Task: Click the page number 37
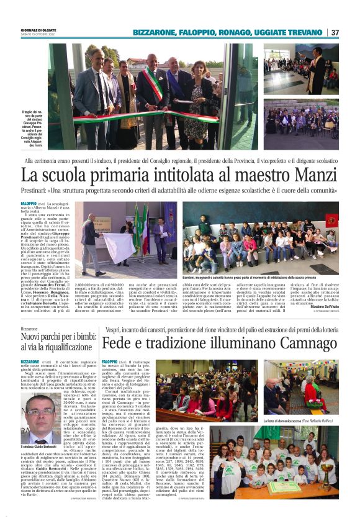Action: [335, 32]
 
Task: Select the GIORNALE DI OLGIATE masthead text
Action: [40, 30]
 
